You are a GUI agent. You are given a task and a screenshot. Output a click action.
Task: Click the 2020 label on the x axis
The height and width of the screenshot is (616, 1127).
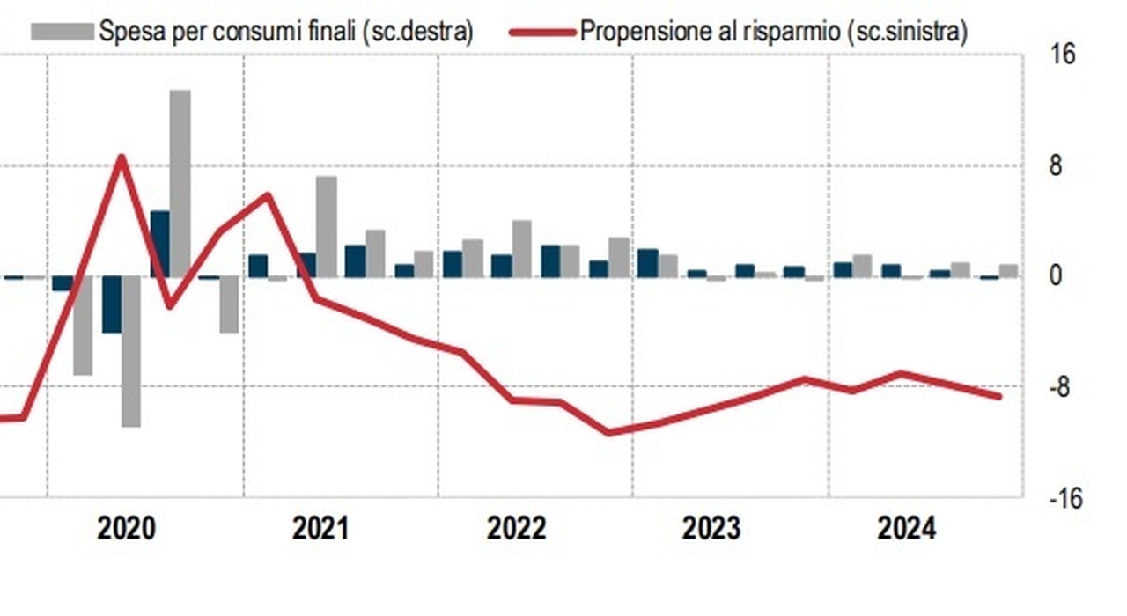click(x=126, y=529)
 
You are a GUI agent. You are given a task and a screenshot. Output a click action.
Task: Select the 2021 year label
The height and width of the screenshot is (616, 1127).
click(x=320, y=529)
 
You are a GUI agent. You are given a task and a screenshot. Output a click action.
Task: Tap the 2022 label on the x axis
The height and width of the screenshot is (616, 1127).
click(x=516, y=529)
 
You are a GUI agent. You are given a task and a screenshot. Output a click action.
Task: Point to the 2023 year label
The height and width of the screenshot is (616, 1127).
click(x=711, y=529)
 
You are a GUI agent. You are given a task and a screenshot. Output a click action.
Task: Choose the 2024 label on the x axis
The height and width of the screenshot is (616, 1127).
click(x=907, y=529)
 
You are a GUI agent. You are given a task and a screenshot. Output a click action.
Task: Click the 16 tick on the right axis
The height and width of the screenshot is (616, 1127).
click(x=1063, y=55)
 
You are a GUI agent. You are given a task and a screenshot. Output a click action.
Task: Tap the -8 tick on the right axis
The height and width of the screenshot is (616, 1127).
click(x=1063, y=388)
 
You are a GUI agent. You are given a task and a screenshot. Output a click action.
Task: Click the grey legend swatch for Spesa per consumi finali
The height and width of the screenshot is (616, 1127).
click(x=62, y=32)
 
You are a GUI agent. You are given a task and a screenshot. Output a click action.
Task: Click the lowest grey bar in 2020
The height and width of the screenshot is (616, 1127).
click(x=131, y=352)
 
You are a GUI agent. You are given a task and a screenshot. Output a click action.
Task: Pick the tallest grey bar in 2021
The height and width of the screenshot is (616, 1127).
click(x=326, y=226)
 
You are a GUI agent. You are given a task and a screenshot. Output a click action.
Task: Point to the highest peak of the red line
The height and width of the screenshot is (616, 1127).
click(x=122, y=158)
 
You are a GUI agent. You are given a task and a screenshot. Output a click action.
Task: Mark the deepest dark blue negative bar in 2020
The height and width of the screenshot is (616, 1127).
click(x=112, y=304)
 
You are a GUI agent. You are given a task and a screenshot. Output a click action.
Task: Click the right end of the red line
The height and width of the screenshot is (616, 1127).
click(x=998, y=396)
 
